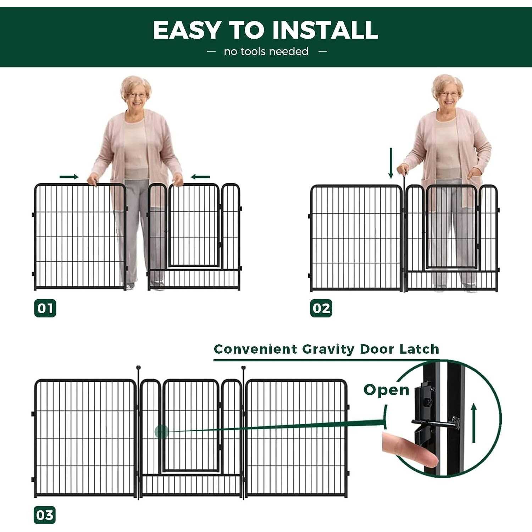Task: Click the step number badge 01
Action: click(x=45, y=308)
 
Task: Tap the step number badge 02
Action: click(x=321, y=308)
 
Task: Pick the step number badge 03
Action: click(x=45, y=515)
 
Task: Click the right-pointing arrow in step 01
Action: click(x=69, y=177)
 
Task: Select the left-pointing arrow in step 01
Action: click(x=200, y=177)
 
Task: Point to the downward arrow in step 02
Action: click(x=391, y=163)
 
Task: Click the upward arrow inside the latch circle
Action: click(x=474, y=424)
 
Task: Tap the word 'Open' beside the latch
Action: click(x=386, y=390)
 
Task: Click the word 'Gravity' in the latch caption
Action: click(x=328, y=349)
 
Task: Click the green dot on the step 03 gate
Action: click(x=161, y=432)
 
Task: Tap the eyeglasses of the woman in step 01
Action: click(x=137, y=95)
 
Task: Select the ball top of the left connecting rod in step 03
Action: click(x=138, y=368)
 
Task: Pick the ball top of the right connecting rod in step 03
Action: click(x=243, y=368)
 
